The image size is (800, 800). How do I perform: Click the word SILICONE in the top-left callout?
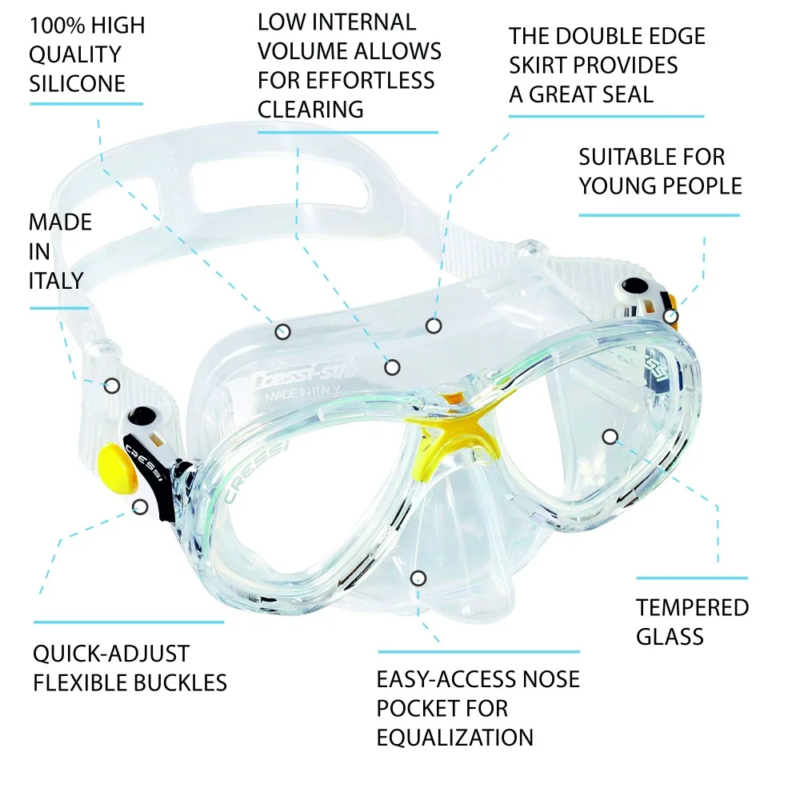[x=77, y=84]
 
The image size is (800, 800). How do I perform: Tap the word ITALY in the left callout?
[x=56, y=281]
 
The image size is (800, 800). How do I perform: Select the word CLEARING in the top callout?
[x=310, y=110]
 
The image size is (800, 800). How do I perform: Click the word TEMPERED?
[x=692, y=608]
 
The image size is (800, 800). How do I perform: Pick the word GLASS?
[x=670, y=637]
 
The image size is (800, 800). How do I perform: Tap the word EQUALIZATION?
[x=455, y=738]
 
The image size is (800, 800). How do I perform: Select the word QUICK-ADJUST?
[x=111, y=654]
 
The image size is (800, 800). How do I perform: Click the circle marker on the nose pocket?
[x=418, y=578]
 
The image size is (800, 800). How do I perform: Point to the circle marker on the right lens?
[x=610, y=437]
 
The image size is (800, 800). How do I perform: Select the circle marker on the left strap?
[x=112, y=386]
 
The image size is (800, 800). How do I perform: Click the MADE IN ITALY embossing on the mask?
[x=302, y=394]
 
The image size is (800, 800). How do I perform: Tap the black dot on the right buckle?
[x=634, y=286]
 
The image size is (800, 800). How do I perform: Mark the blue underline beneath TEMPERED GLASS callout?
[x=692, y=578]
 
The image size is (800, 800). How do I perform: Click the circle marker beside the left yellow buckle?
[x=140, y=506]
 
